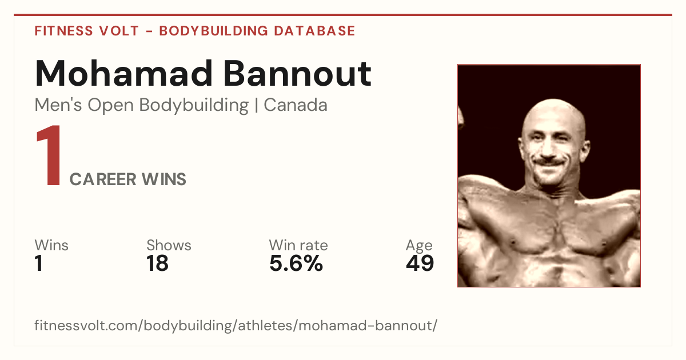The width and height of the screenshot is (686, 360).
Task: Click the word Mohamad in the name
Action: pos(123,74)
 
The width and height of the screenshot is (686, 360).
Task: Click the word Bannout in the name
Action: pos(297,74)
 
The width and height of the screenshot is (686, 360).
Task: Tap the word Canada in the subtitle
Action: pos(296,105)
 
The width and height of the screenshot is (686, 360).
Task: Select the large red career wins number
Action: pos(49,155)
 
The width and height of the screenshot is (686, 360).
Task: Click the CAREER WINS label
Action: pos(127,179)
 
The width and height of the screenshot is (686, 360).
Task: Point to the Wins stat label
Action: pos(51,245)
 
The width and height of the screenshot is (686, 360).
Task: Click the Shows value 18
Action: pos(157,263)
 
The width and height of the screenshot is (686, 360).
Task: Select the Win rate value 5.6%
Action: pos(296,263)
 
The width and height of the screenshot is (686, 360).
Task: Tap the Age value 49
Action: pos(420,263)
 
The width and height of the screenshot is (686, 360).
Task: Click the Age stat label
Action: pos(419,246)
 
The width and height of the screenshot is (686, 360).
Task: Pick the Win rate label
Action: pos(298,245)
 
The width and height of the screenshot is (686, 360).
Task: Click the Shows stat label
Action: pos(169,245)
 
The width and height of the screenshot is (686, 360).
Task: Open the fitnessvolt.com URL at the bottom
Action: pos(236,325)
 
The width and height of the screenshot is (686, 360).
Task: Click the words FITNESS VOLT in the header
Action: pos(87,31)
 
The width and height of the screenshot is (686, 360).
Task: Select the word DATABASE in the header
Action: pos(314,31)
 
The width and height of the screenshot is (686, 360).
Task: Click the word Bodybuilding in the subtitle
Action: pos(194,105)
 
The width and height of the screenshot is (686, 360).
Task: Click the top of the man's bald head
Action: pos(553,101)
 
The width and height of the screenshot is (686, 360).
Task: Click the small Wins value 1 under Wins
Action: pos(39,263)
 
